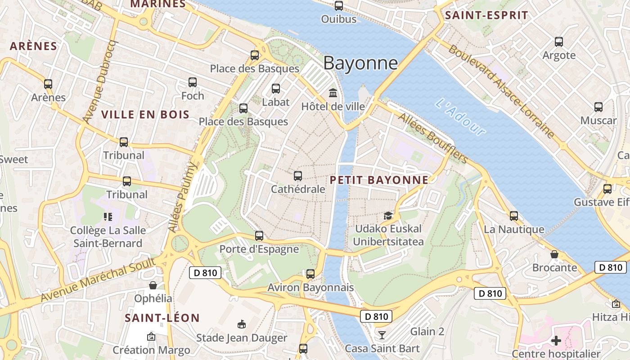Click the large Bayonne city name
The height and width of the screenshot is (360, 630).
pos(360,63)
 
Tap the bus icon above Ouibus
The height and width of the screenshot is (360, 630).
pos(339,6)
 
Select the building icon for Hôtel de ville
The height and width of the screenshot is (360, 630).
pos(333,93)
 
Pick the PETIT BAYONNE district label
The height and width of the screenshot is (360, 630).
pos(379,180)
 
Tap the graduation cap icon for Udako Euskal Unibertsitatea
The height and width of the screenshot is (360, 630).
pos(388,216)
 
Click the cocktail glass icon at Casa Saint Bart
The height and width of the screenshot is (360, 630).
pos(382,334)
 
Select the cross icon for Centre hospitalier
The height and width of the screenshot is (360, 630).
pos(556,341)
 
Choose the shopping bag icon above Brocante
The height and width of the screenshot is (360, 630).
pos(554,254)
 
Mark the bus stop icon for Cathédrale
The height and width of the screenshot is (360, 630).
pos(297,176)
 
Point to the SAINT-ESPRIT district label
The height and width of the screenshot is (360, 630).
pos(486,15)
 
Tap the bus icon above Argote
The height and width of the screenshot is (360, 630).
pos(559,42)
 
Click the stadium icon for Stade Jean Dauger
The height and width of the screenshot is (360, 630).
pos(242,324)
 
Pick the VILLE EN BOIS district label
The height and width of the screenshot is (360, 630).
pos(145,114)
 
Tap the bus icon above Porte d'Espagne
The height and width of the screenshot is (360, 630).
pos(259,235)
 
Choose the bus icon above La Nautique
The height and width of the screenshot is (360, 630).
pos(514,216)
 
